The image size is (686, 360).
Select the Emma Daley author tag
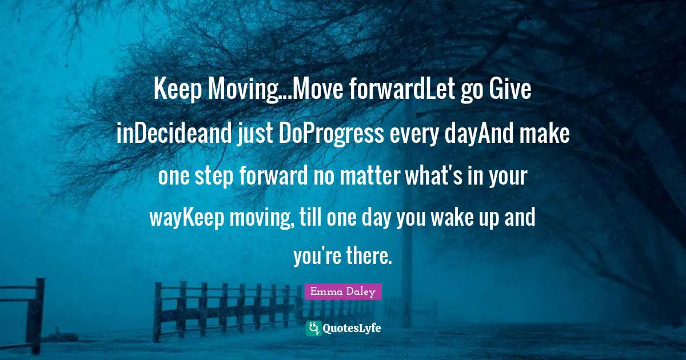pos(343,292)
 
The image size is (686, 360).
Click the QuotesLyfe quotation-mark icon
pos(314,327)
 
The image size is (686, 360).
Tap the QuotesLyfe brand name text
pos(352,328)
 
